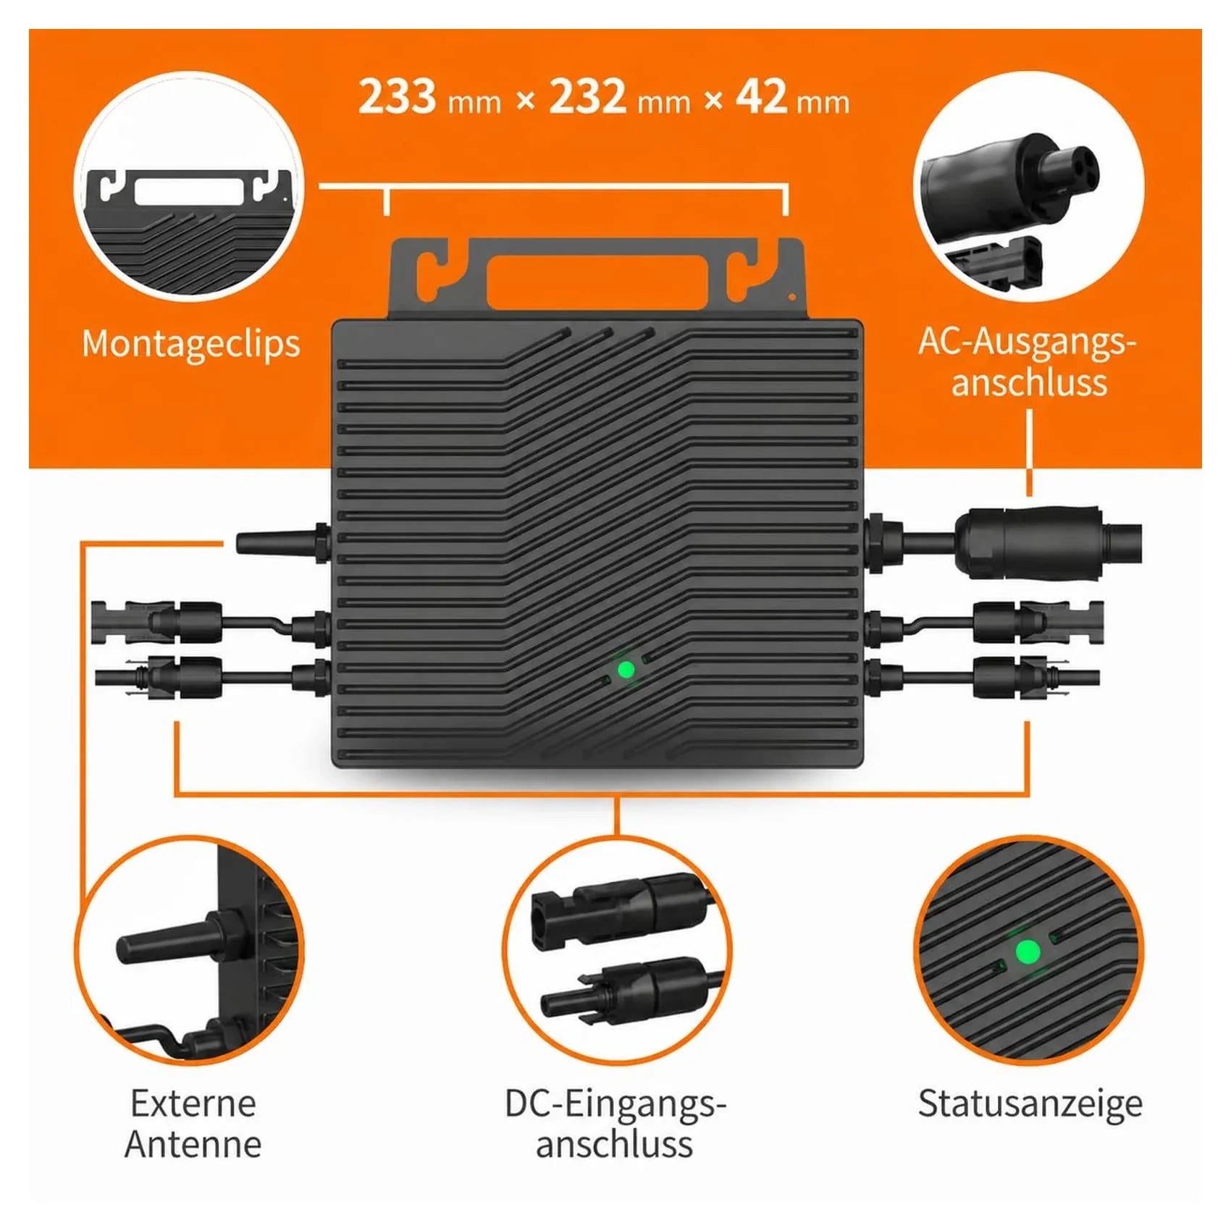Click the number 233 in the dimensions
(x=398, y=96)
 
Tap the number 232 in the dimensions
(x=587, y=96)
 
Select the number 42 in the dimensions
(x=761, y=96)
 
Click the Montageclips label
(x=190, y=344)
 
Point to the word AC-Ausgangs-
(x=1028, y=341)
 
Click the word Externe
(x=193, y=1104)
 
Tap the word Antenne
(x=193, y=1144)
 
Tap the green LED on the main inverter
(x=626, y=670)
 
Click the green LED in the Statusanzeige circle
(x=1028, y=952)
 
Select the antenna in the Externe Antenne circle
(x=185, y=939)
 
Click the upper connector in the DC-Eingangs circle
(x=619, y=909)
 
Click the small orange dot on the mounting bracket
(x=792, y=296)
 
